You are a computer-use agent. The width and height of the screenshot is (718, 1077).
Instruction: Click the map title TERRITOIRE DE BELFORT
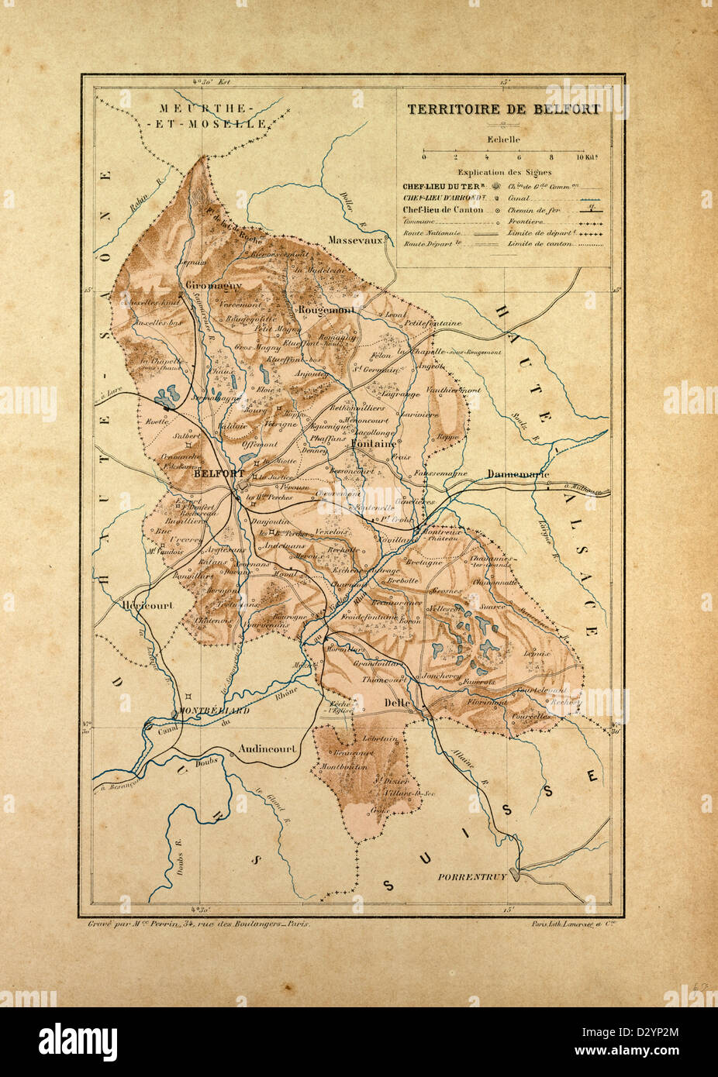[x=504, y=108]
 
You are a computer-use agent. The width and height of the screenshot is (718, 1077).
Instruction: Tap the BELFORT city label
[x=220, y=473]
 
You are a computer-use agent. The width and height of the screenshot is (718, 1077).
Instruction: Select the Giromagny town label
[x=205, y=285]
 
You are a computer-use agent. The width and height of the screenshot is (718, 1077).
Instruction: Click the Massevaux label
[x=356, y=241]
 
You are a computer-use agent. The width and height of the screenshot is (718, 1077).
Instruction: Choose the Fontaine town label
[x=373, y=444]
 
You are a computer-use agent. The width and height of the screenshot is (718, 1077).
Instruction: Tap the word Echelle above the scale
[x=504, y=139]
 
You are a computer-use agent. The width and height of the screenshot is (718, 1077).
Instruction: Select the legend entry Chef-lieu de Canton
[x=444, y=209]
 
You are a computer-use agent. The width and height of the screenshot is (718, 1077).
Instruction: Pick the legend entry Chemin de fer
[x=533, y=209]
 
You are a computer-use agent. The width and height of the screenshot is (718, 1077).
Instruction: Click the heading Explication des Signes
[x=504, y=173]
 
